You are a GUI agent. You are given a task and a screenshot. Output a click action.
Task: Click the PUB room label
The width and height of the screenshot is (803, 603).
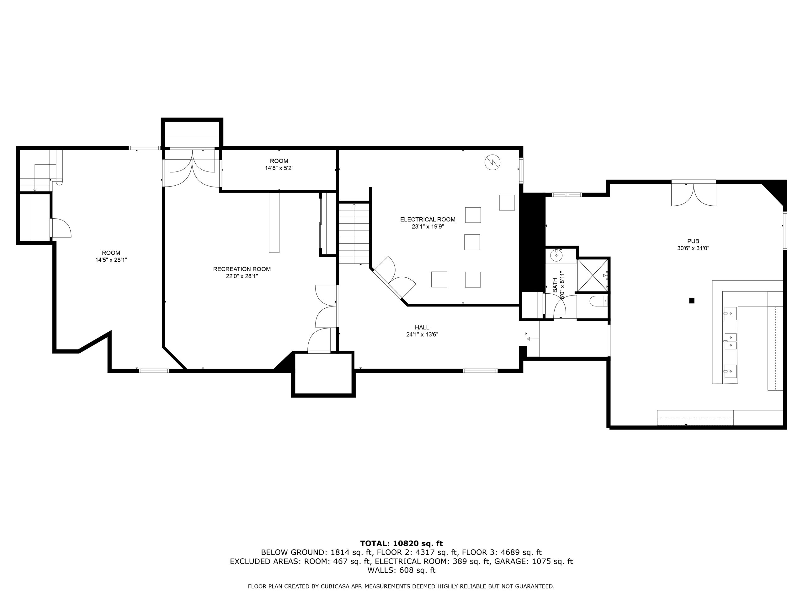pos(693,241)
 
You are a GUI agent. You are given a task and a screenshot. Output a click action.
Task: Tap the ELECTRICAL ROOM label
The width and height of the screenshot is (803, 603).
pos(428,220)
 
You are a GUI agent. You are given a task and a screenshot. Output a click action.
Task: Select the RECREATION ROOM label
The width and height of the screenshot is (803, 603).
pos(242,269)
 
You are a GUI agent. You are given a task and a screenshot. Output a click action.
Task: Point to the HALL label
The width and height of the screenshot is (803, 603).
pos(422,328)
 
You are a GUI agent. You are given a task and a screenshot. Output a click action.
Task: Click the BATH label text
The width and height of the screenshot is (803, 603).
pos(555,286)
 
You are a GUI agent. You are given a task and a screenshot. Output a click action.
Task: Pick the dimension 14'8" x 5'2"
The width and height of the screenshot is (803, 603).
pos(279,168)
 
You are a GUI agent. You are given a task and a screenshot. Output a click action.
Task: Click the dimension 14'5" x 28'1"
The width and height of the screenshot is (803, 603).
pos(111,260)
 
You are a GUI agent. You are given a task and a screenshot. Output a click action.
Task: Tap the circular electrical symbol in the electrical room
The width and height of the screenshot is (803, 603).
pos(492,162)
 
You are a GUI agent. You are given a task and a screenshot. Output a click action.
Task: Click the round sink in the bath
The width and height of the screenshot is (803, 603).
pos(556,256)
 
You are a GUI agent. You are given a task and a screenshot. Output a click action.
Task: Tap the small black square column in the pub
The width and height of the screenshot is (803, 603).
pos(692,301)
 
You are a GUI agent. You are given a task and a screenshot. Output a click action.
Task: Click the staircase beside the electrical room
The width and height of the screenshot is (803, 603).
pos(354,233)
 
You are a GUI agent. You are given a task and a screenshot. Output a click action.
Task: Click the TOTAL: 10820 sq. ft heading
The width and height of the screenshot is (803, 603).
pos(401,543)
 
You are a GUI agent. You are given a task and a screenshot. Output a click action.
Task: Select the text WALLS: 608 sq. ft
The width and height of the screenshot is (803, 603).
pos(401,570)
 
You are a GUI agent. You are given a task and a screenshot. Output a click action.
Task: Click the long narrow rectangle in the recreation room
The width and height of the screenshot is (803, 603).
pos(274,222)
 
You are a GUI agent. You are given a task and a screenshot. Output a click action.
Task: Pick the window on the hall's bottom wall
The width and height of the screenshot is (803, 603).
pos(480,371)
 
